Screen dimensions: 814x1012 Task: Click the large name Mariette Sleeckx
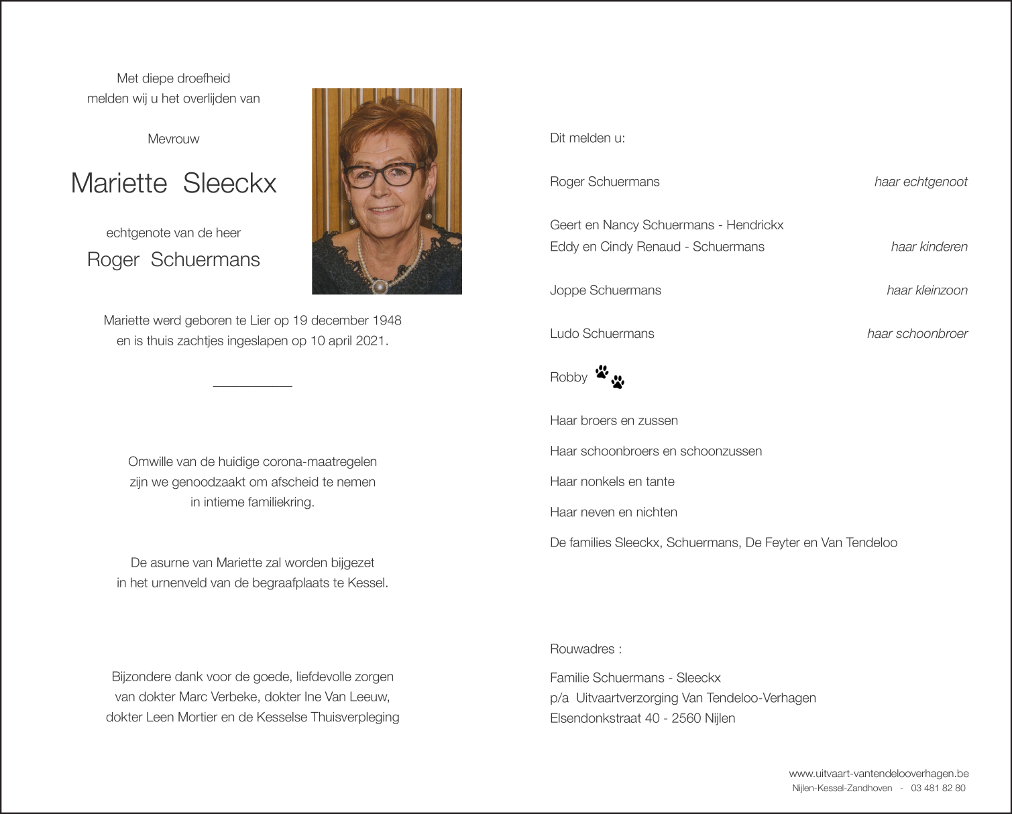click(173, 183)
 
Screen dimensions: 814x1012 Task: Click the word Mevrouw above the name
click(173, 139)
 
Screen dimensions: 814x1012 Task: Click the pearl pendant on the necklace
click(380, 286)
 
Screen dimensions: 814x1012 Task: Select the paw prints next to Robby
click(610, 377)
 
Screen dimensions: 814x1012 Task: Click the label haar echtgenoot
click(920, 182)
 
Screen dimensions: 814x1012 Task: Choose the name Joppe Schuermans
click(605, 290)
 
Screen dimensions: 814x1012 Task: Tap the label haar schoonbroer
click(917, 334)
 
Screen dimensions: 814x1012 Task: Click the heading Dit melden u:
click(587, 138)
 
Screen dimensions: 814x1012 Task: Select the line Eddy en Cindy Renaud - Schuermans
click(657, 247)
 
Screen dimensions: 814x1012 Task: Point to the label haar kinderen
click(929, 247)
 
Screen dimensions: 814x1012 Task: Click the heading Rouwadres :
click(585, 649)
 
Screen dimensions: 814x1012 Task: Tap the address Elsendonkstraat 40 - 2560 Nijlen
click(642, 718)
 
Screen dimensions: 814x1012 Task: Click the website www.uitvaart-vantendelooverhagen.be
click(878, 774)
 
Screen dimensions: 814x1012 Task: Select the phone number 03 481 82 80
click(938, 789)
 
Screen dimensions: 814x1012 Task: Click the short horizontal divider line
click(252, 386)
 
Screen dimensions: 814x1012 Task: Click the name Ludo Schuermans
click(602, 334)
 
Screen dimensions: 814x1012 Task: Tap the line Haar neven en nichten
click(613, 512)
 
